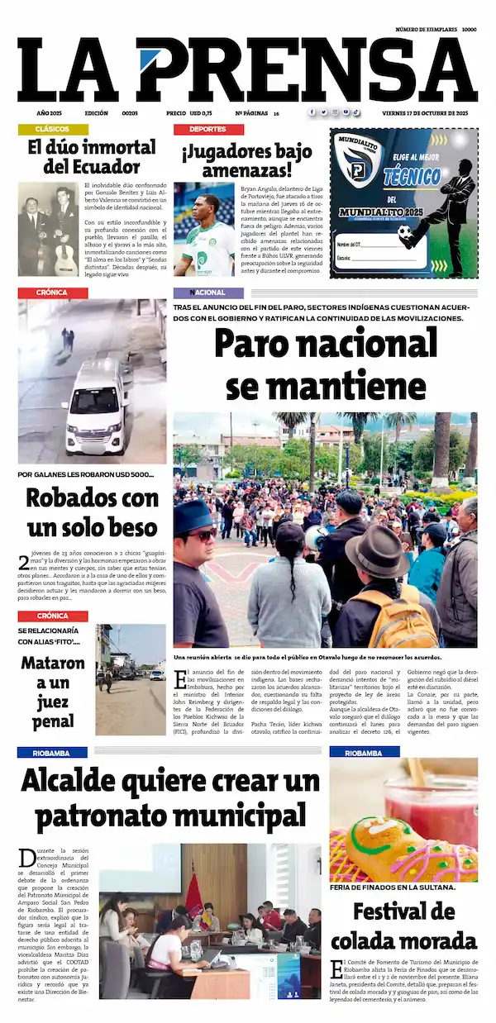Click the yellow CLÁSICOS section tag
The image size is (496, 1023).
pyautogui.click(x=52, y=130)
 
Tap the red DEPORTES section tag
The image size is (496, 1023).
pyautogui.click(x=207, y=130)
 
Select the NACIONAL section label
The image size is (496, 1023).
pyautogui.click(x=207, y=293)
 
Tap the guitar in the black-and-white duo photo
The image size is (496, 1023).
pyautogui.click(x=66, y=251)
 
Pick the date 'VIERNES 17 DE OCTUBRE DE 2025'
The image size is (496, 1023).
pyautogui.click(x=425, y=112)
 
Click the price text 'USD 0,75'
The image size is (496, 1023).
pyautogui.click(x=201, y=112)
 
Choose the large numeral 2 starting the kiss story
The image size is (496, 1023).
pyautogui.click(x=24, y=564)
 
